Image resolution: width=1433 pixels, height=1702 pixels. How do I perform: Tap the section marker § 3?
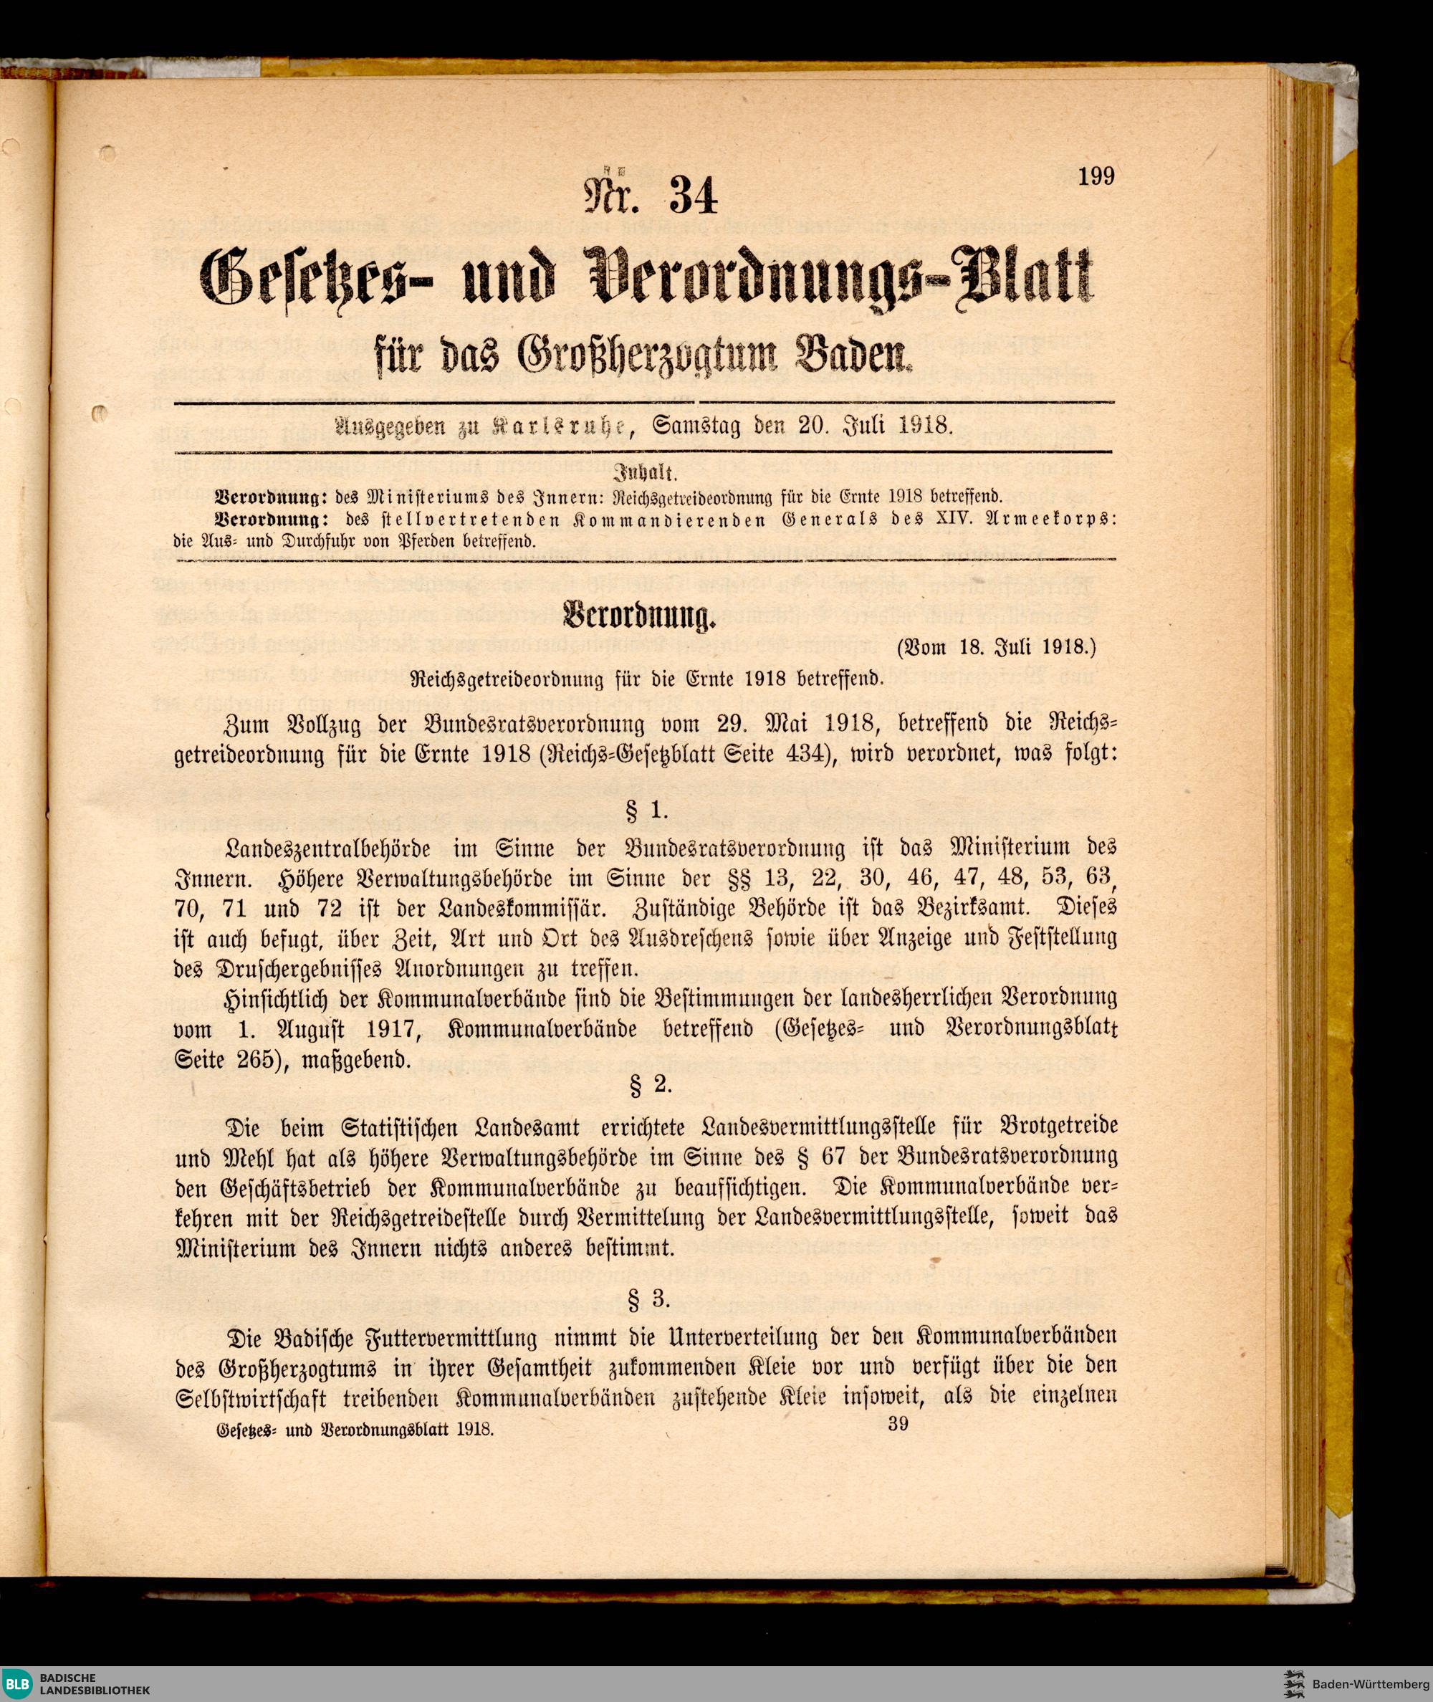649,1299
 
